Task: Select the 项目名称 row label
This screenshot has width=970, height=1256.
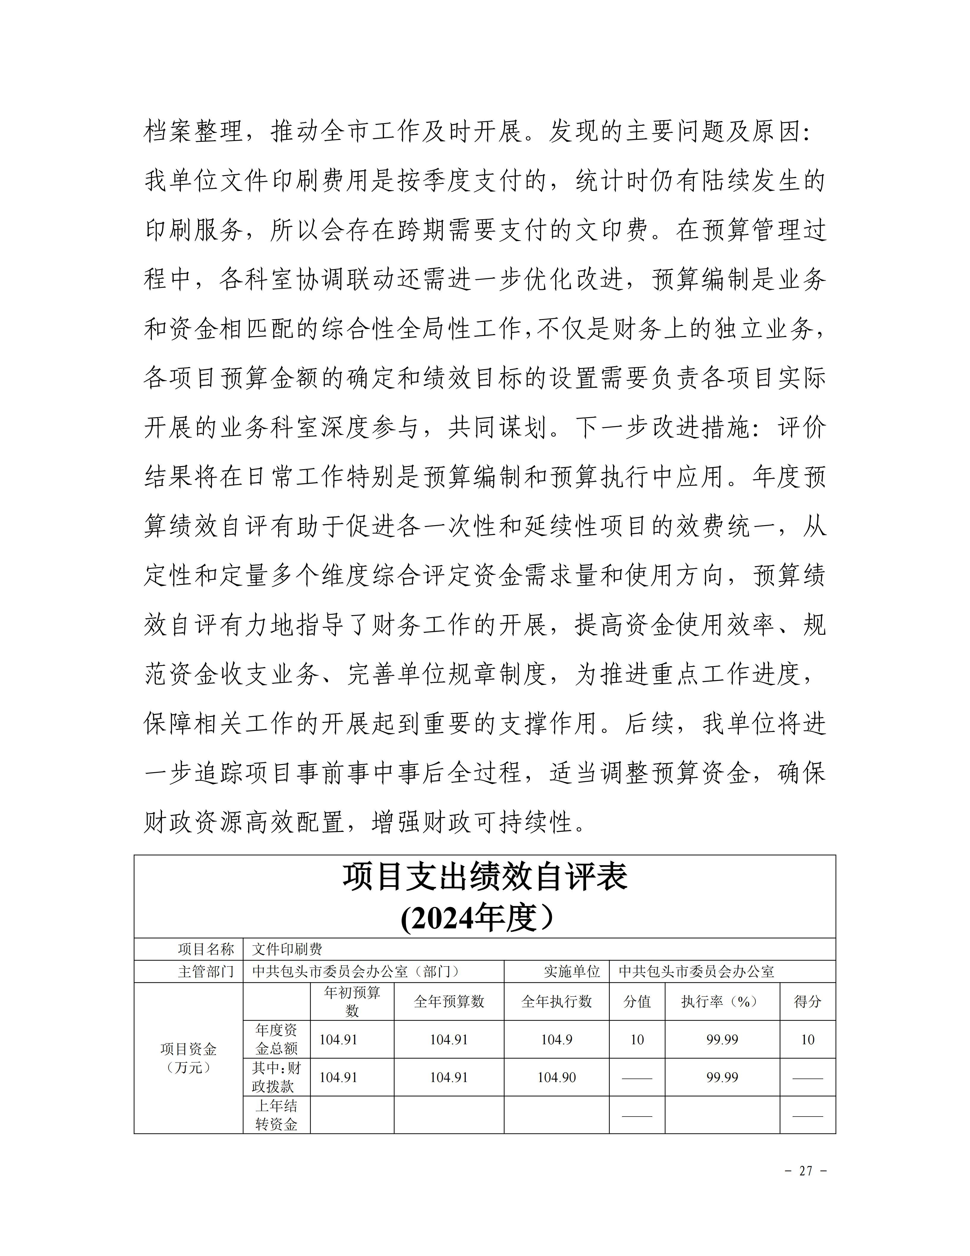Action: [206, 949]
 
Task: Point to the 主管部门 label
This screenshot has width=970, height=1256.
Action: [206, 971]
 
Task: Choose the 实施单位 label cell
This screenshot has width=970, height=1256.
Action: [572, 971]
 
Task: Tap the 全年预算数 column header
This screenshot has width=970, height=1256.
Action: [449, 1001]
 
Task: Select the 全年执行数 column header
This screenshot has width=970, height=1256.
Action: [556, 1001]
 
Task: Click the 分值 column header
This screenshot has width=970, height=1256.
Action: [637, 1001]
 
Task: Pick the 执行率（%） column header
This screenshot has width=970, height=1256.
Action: [722, 1001]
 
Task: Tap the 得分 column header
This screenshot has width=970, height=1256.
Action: [807, 1001]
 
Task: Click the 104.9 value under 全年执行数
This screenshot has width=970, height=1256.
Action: [556, 1039]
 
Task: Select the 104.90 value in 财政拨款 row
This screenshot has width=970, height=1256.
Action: [556, 1077]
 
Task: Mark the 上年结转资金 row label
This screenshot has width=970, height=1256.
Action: [276, 1114]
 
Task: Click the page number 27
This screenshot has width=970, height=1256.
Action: [806, 1170]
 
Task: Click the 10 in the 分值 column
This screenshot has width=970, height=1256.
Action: [637, 1039]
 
